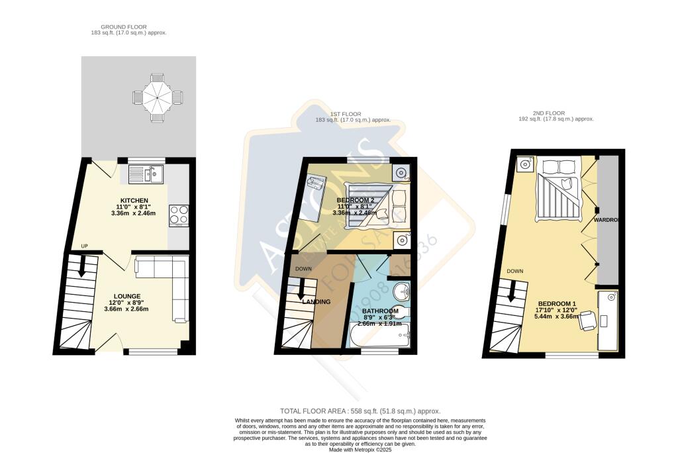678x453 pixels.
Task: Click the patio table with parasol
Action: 158,97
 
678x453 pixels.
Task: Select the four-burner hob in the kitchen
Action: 179,215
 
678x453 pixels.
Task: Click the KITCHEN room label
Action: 134,201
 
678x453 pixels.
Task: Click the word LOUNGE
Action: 126,295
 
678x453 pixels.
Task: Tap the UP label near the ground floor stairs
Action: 84,246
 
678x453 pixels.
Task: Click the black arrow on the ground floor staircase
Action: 82,266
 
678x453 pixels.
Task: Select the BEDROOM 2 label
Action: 356,200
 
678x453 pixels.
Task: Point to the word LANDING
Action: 316,302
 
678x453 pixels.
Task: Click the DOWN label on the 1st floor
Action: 303,269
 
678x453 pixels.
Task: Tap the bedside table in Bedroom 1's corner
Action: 524,164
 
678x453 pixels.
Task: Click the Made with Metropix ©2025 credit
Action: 362,448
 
